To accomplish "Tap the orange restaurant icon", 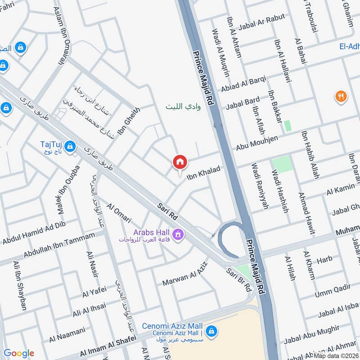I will [x=341, y=96].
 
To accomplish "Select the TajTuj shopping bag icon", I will [x=70, y=146].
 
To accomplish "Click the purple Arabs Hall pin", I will [x=178, y=234].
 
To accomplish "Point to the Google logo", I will [x=19, y=353].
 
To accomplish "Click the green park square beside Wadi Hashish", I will [x=282, y=164].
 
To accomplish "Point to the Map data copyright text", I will [x=336, y=355].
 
